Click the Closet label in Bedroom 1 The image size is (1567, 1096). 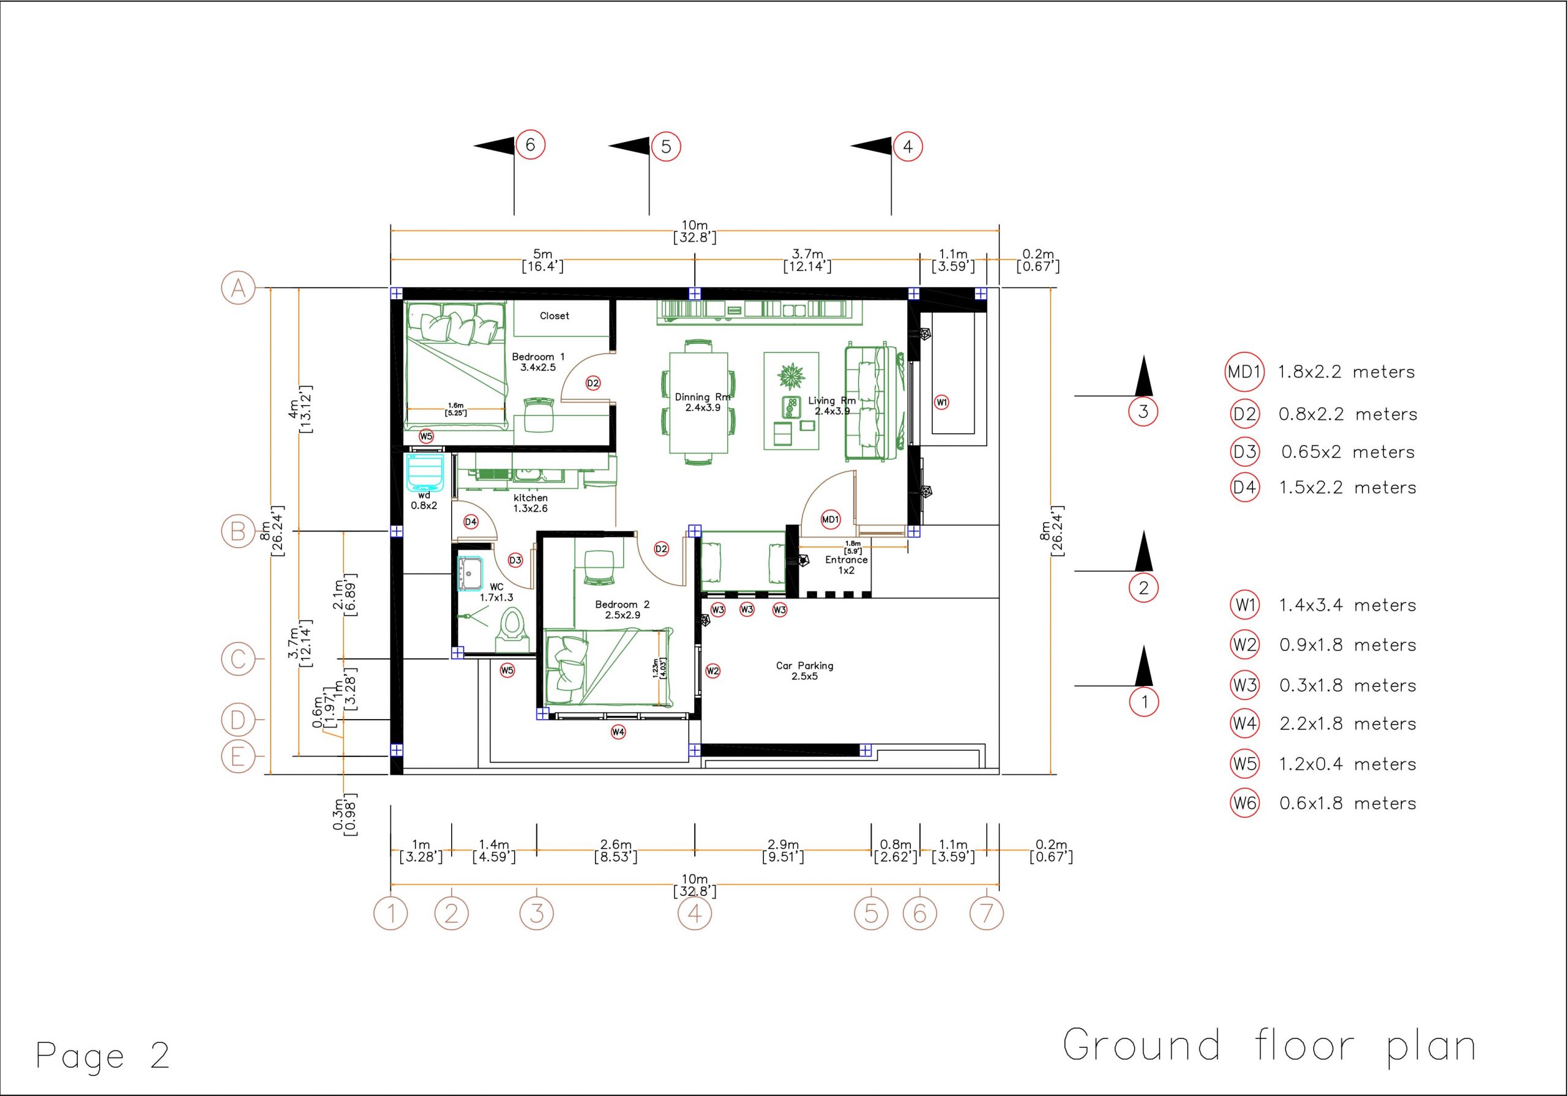click(x=554, y=316)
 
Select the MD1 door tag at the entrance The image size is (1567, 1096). click(x=830, y=520)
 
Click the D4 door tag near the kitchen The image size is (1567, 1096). click(x=471, y=522)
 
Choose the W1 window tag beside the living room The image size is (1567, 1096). click(x=942, y=403)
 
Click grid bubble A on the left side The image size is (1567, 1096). click(x=238, y=288)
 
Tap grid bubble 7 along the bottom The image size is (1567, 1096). click(x=986, y=913)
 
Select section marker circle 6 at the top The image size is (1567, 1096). click(x=530, y=144)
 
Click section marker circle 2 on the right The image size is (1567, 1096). click(x=1144, y=587)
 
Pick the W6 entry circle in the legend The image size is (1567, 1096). click(x=1244, y=803)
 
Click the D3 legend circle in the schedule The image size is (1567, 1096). click(x=1244, y=452)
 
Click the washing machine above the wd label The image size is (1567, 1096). click(x=425, y=472)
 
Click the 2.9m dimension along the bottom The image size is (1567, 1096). click(x=783, y=851)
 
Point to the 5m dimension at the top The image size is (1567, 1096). click(x=542, y=260)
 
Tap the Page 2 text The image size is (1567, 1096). click(x=102, y=1056)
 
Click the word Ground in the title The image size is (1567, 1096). click(x=1141, y=1045)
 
